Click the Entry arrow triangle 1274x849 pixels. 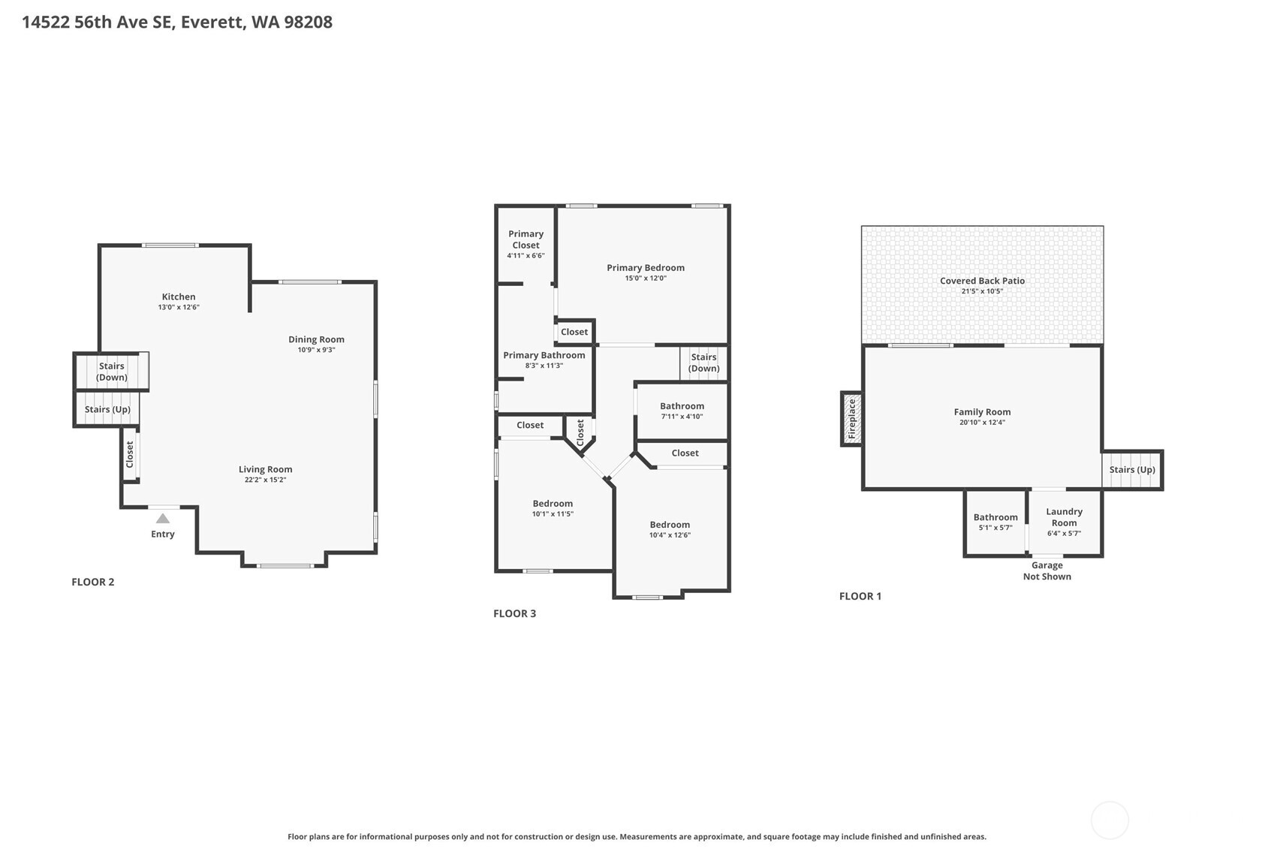coord(163,518)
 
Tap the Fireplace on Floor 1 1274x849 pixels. coord(851,419)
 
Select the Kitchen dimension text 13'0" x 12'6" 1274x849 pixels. coord(179,307)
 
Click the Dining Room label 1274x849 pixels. coord(316,339)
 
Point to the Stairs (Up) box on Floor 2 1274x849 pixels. coord(107,409)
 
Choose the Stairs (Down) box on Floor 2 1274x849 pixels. coord(111,372)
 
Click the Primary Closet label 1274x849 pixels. coord(526,239)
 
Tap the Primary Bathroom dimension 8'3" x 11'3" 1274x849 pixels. coord(544,366)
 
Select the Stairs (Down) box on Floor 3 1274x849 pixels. coord(704,363)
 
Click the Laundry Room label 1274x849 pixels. coord(1064,517)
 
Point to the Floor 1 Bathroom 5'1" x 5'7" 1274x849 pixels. coord(995,522)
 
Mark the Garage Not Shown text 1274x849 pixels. coord(1047,571)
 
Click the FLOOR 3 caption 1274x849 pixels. coord(515,613)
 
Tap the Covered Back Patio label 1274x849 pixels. coord(982,280)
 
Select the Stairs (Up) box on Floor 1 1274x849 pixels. coord(1132,470)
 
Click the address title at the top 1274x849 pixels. coord(177,23)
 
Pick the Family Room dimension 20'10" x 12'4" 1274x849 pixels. coord(982,423)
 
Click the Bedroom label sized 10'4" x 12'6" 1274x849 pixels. coord(670,524)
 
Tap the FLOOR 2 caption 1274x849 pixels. coord(92,582)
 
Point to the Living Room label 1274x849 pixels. coord(265,469)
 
